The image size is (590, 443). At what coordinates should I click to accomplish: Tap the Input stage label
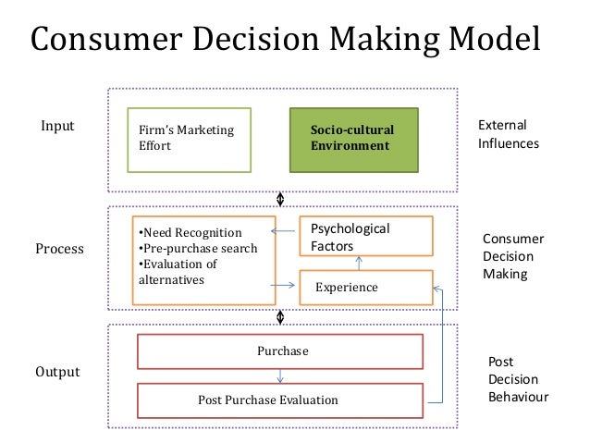pyautogui.click(x=57, y=125)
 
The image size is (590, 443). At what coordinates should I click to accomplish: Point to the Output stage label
pyautogui.click(x=59, y=372)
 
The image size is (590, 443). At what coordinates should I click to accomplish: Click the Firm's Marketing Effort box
pyautogui.click(x=189, y=139)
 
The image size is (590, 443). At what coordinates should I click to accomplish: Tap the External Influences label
pyautogui.click(x=508, y=134)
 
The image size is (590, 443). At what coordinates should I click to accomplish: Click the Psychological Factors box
pyautogui.click(x=365, y=237)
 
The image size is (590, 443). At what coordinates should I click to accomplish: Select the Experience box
pyautogui.click(x=365, y=288)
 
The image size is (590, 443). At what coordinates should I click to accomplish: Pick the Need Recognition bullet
pyautogui.click(x=189, y=232)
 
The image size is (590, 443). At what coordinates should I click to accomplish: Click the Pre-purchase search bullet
pyautogui.click(x=197, y=248)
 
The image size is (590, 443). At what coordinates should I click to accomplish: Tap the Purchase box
pyautogui.click(x=280, y=351)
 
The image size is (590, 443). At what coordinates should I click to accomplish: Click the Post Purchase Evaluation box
pyautogui.click(x=280, y=400)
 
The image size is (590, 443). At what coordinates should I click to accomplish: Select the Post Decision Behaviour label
pyautogui.click(x=517, y=379)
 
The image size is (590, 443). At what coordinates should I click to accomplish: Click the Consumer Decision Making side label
pyautogui.click(x=513, y=256)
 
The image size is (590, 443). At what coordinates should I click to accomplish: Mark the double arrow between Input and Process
pyautogui.click(x=280, y=198)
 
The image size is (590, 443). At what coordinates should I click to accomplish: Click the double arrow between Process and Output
pyautogui.click(x=280, y=316)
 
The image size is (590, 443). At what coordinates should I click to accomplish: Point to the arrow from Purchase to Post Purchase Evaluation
pyautogui.click(x=280, y=375)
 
